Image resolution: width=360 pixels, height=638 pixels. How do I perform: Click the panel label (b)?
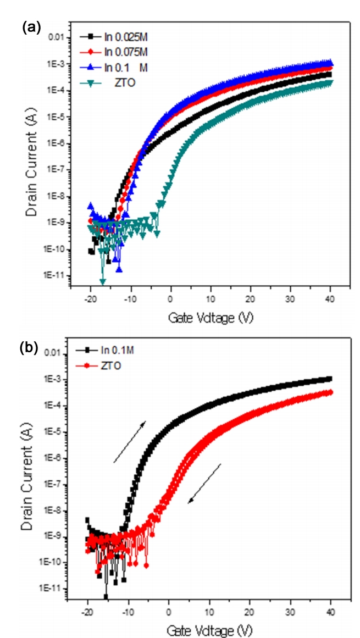click(30, 348)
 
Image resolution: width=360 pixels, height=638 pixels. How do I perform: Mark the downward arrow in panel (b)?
click(204, 483)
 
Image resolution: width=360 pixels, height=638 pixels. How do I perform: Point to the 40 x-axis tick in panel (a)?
click(331, 305)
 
